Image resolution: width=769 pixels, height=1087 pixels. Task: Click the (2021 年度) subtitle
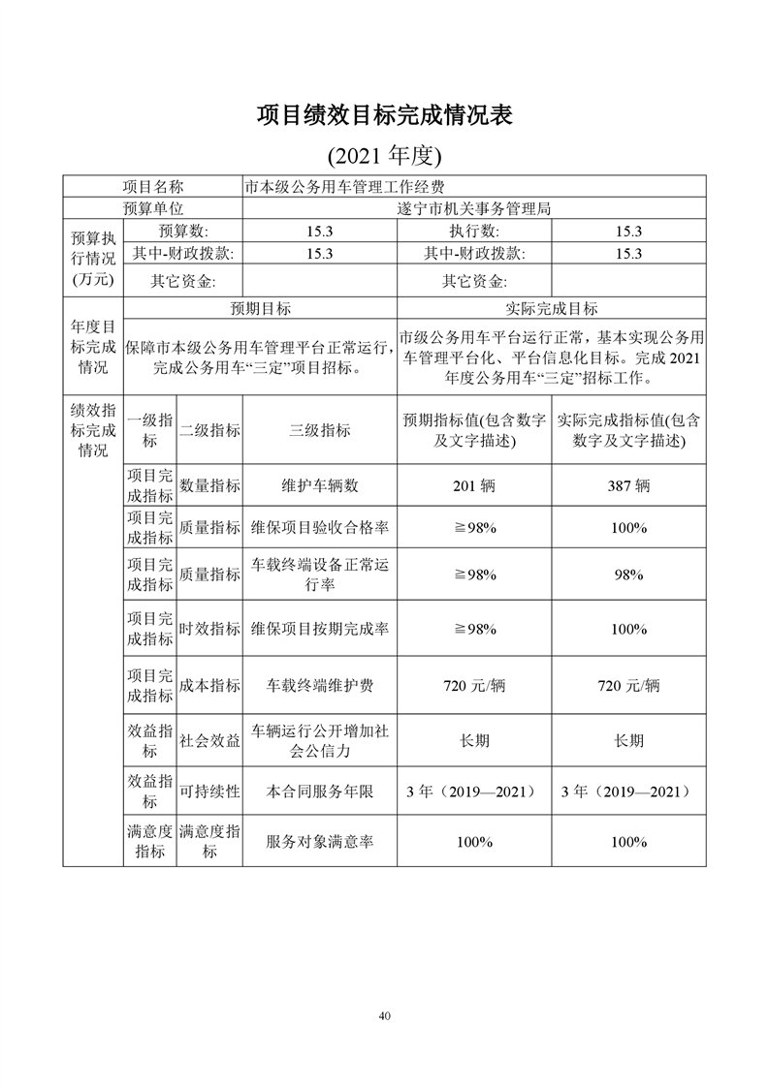click(x=384, y=155)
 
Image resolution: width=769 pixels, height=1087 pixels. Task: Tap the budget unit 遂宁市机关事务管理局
click(x=474, y=208)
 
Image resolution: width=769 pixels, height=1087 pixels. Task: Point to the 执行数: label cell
click(x=474, y=231)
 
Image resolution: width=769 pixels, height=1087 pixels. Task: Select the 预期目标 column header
click(x=260, y=308)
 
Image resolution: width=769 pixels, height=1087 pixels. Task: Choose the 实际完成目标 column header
click(x=552, y=308)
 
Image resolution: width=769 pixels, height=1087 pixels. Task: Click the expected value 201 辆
click(x=474, y=486)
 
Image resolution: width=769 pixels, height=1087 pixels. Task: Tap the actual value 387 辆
click(x=628, y=486)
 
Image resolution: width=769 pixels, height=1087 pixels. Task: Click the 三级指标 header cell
click(x=320, y=430)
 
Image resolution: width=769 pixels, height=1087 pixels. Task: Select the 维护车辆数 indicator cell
click(x=320, y=486)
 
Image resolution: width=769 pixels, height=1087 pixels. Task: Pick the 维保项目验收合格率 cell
click(x=320, y=528)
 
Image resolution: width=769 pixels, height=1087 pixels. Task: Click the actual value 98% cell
click(x=628, y=575)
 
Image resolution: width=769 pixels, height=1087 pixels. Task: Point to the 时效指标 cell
click(x=209, y=629)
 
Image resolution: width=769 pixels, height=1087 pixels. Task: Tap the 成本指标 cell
click(x=209, y=685)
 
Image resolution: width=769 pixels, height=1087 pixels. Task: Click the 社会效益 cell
click(x=209, y=741)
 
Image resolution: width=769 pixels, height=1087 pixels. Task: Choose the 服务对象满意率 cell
click(x=320, y=842)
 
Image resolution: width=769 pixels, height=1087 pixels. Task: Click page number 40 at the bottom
click(x=385, y=1016)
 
